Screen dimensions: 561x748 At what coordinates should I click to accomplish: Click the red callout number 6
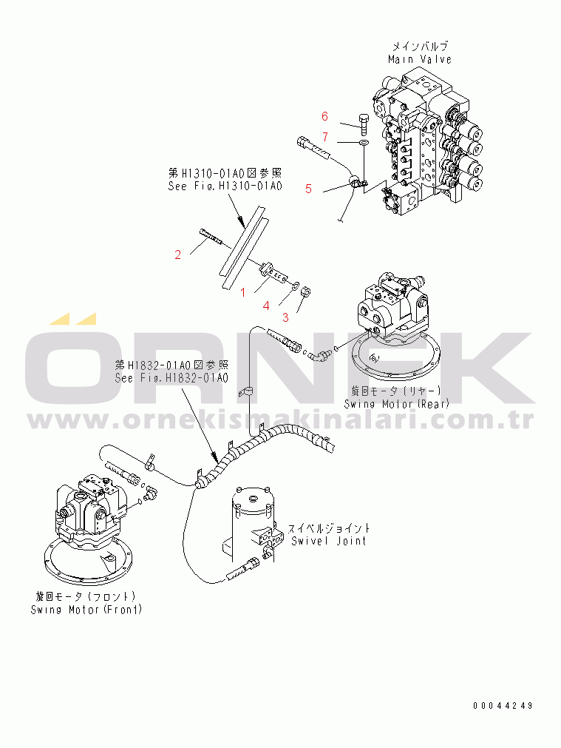[324, 116]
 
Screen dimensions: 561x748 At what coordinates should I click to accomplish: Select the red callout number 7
[325, 138]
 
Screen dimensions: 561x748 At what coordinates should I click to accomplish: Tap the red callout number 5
[308, 189]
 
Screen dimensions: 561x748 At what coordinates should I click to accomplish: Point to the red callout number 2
[178, 255]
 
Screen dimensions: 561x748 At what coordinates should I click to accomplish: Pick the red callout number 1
[243, 292]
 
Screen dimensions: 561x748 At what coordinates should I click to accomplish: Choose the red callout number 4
[266, 306]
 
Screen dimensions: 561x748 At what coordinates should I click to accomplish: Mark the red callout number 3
[285, 317]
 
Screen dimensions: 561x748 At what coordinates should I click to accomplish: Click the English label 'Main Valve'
[419, 60]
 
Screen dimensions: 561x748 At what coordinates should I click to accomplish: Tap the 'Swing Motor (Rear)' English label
[397, 404]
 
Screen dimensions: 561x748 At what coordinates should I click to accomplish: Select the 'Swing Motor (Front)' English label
[86, 610]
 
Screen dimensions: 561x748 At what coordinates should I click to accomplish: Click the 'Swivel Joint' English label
[328, 541]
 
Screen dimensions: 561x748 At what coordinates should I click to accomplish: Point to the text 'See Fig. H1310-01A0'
[225, 186]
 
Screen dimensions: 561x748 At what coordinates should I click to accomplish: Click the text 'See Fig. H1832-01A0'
[171, 378]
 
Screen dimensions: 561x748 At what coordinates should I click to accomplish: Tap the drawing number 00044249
[503, 706]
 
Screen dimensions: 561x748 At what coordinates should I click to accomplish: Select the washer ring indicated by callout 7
[364, 142]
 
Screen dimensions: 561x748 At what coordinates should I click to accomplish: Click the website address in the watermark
[280, 420]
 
